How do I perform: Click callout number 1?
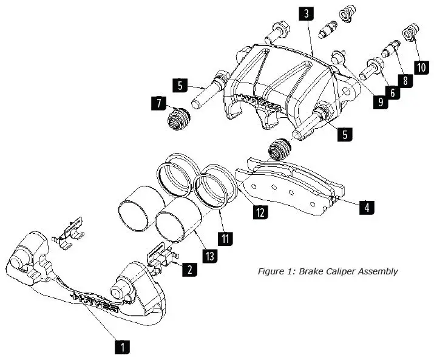(122, 347)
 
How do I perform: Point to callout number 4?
(365, 207)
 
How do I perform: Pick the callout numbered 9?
(380, 103)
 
